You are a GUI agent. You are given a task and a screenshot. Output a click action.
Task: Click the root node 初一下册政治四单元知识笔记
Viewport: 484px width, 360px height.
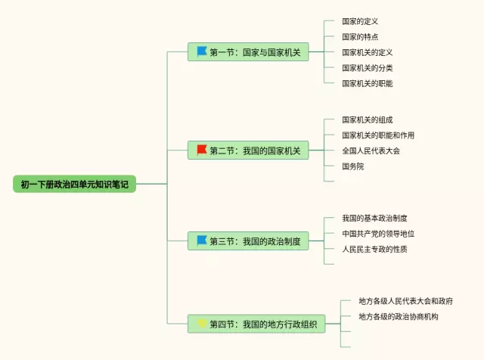[x=74, y=184]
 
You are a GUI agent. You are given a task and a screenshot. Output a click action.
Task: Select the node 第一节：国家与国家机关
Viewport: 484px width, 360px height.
[x=248, y=52]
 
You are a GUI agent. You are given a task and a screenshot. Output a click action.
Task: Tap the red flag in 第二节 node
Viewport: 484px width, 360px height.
[x=202, y=150]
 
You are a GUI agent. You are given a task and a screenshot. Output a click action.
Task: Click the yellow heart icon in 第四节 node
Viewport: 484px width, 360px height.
[x=202, y=324]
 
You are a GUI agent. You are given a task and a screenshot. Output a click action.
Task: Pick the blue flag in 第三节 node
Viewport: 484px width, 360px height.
[x=202, y=241]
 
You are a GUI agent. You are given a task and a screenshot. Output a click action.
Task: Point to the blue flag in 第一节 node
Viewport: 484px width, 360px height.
[x=202, y=51]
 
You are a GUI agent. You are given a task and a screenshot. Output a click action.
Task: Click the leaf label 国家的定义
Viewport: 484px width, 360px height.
[x=360, y=21]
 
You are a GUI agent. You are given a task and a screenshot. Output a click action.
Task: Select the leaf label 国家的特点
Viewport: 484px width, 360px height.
[x=360, y=37]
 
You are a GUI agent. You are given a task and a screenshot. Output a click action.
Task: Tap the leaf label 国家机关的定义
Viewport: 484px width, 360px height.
[x=368, y=52]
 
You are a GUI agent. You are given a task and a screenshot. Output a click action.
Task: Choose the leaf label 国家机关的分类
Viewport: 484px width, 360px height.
[x=368, y=67]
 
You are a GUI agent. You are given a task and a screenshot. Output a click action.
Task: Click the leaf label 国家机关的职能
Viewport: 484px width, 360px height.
[x=368, y=83]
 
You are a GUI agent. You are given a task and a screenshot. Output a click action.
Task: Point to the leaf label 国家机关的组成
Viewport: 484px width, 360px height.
[x=368, y=119]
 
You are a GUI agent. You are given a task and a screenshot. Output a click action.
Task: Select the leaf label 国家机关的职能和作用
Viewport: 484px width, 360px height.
[x=378, y=135]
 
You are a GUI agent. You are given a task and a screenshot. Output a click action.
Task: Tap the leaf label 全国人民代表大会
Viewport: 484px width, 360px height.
[x=371, y=151]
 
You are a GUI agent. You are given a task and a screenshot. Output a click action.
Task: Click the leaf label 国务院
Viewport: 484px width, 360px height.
[x=353, y=166]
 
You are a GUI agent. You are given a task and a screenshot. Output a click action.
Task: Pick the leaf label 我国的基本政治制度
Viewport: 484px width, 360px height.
[x=374, y=219]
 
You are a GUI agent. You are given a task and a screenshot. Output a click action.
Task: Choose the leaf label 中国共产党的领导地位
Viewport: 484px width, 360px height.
[x=378, y=234]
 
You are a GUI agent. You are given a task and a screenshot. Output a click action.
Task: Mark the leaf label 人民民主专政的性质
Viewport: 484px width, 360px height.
[x=374, y=249]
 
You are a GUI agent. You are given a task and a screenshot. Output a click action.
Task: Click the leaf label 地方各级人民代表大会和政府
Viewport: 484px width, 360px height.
[x=405, y=301]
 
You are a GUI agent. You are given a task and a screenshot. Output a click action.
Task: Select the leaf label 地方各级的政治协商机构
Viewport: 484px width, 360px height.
[x=399, y=316]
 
